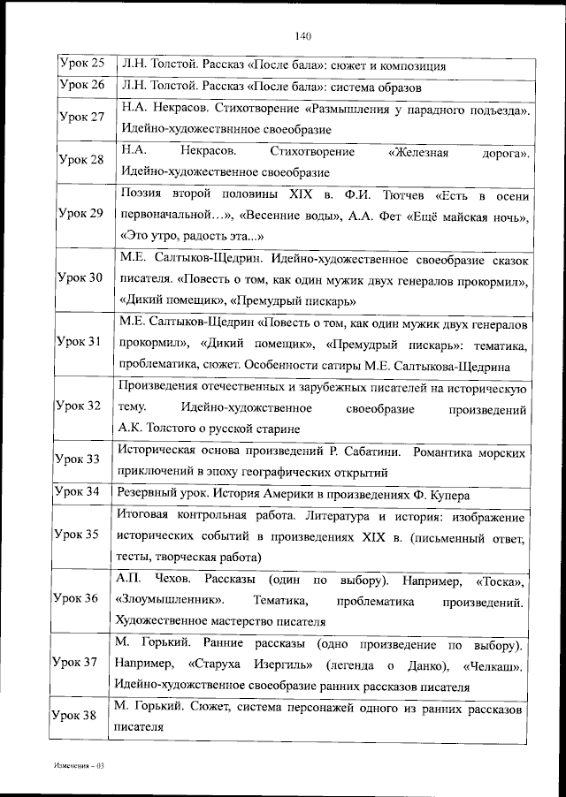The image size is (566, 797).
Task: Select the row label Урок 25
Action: (81, 64)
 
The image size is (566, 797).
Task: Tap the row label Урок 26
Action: (81, 86)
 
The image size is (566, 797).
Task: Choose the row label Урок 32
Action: (78, 406)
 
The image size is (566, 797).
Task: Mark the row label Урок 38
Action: (76, 717)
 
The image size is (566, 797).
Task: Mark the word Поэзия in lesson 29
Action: (141, 193)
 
